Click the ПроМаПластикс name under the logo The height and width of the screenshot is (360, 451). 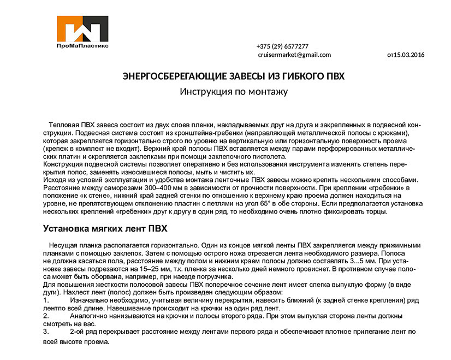[82, 46]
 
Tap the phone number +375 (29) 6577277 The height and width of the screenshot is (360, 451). [282, 46]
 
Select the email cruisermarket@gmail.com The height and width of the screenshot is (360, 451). [294, 55]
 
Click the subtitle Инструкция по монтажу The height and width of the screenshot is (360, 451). [234, 92]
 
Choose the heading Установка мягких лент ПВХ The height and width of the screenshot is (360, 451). [105, 228]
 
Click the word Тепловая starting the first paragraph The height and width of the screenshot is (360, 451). [64, 125]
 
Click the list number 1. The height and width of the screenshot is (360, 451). [45, 300]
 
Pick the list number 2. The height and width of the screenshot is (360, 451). [45, 316]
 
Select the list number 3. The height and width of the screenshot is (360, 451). [45, 332]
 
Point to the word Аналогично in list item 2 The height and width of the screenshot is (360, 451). [90, 316]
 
